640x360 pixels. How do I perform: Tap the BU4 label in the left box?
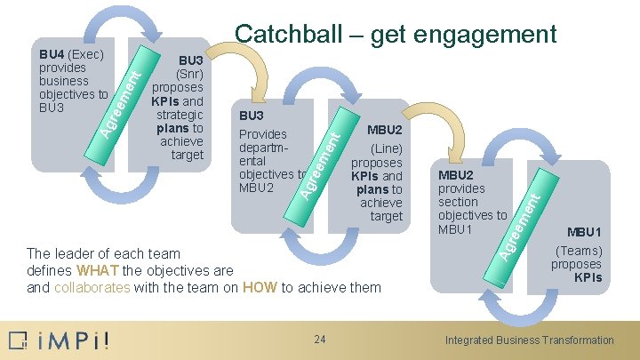pyautogui.click(x=52, y=55)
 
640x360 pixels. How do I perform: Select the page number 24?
pyautogui.click(x=320, y=339)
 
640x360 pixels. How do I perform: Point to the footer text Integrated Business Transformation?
pyautogui.click(x=529, y=340)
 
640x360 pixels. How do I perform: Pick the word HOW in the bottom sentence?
pyautogui.click(x=258, y=287)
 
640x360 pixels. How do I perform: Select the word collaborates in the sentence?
pyautogui.click(x=92, y=287)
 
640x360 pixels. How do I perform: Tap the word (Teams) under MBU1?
pyautogui.click(x=579, y=251)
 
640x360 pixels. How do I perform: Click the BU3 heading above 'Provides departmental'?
pyautogui.click(x=252, y=116)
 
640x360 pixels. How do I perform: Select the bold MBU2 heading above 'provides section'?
pyautogui.click(x=456, y=175)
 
